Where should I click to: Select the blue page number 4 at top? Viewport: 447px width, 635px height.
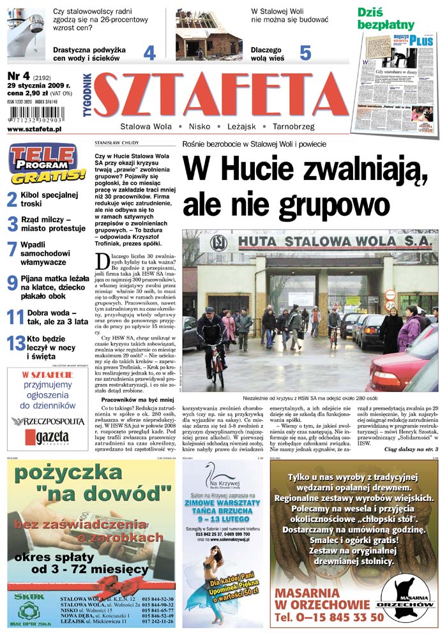click(149, 52)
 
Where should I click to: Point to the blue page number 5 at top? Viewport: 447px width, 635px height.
click(305, 52)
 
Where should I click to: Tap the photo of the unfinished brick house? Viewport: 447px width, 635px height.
click(200, 35)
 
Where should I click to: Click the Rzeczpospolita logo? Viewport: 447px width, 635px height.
click(48, 421)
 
